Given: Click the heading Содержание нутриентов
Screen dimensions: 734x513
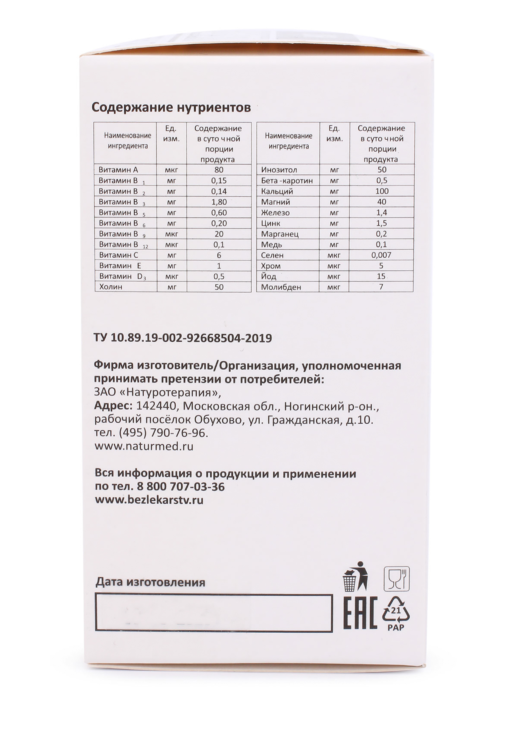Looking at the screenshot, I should pyautogui.click(x=171, y=108).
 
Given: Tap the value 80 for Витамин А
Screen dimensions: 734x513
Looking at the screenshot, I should pyautogui.click(x=219, y=170).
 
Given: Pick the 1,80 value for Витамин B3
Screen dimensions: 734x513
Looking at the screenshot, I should pyautogui.click(x=219, y=202).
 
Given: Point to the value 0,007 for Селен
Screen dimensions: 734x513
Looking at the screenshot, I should pyautogui.click(x=381, y=255).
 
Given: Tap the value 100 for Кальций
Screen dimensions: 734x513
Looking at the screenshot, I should pyautogui.click(x=382, y=191).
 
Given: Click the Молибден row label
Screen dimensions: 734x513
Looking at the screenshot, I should pyautogui.click(x=281, y=287).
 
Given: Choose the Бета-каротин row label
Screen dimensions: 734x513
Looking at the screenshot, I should pyautogui.click(x=287, y=181).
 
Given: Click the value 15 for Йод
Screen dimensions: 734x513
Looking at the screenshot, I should pyautogui.click(x=381, y=276).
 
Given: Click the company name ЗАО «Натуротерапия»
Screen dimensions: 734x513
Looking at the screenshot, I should pyautogui.click(x=157, y=392).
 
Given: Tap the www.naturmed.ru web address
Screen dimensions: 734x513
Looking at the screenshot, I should pyautogui.click(x=144, y=446).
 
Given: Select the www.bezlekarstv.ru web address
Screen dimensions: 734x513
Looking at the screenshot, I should pyautogui.click(x=149, y=500).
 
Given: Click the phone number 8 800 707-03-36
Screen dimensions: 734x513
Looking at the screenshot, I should pyautogui.click(x=180, y=487).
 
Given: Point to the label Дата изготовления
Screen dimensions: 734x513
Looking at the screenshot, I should pyautogui.click(x=150, y=582).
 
